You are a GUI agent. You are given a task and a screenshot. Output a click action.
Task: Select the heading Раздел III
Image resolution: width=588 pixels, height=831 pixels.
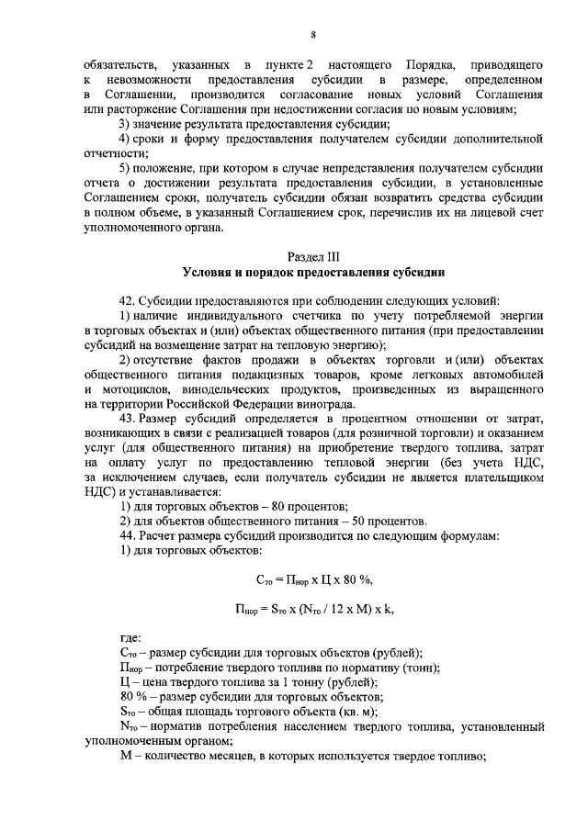313,256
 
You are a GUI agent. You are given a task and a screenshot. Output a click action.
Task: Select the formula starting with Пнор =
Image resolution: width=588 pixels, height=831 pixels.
313,609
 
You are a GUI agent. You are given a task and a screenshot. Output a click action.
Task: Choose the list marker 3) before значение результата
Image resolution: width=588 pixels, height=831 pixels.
128,124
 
